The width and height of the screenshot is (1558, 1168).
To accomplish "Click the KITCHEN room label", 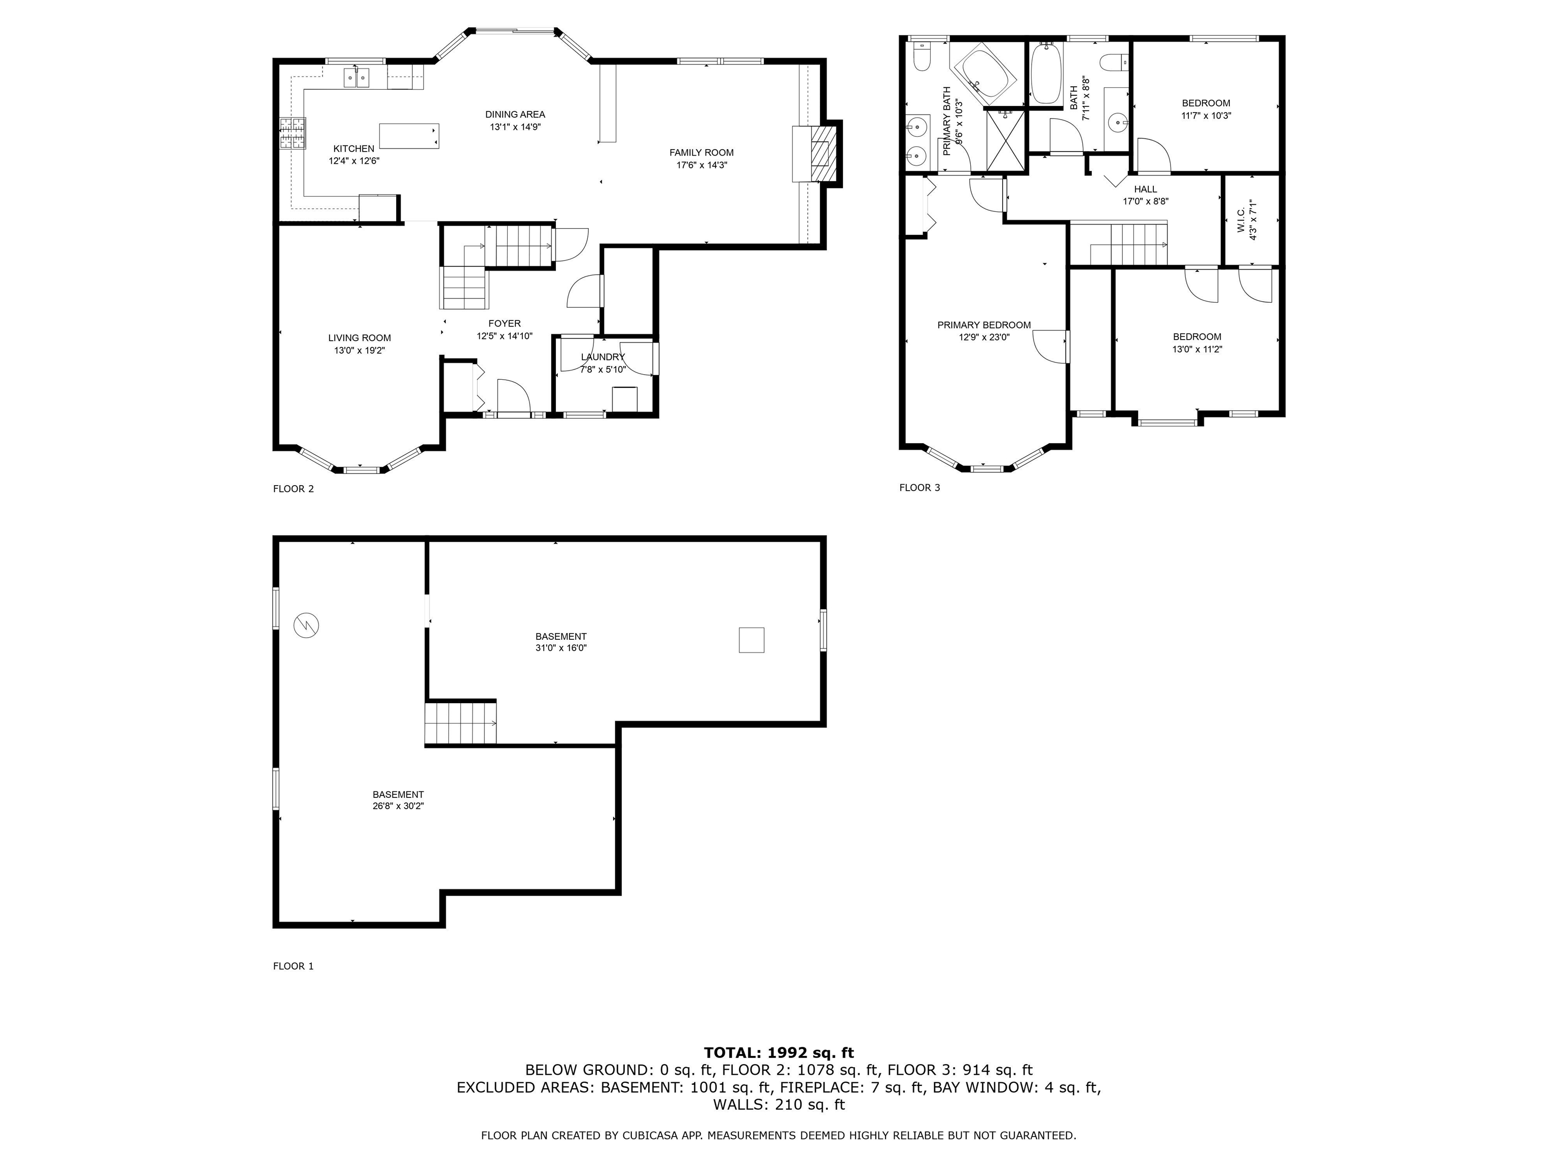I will tap(353, 149).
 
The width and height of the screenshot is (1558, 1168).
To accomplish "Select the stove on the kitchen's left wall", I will tap(293, 133).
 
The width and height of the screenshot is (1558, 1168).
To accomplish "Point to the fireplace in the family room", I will tap(819, 154).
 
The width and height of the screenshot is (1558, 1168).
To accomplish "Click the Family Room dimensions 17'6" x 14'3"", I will tap(701, 165).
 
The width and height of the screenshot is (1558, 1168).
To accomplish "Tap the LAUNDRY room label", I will tap(603, 357).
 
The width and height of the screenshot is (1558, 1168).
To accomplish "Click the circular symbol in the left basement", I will tap(306, 625).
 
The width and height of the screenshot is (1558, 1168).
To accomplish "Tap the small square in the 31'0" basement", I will tap(751, 640).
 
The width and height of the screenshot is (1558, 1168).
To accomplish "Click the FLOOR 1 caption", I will tap(293, 966).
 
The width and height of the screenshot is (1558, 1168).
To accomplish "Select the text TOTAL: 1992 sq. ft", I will tap(778, 1052).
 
